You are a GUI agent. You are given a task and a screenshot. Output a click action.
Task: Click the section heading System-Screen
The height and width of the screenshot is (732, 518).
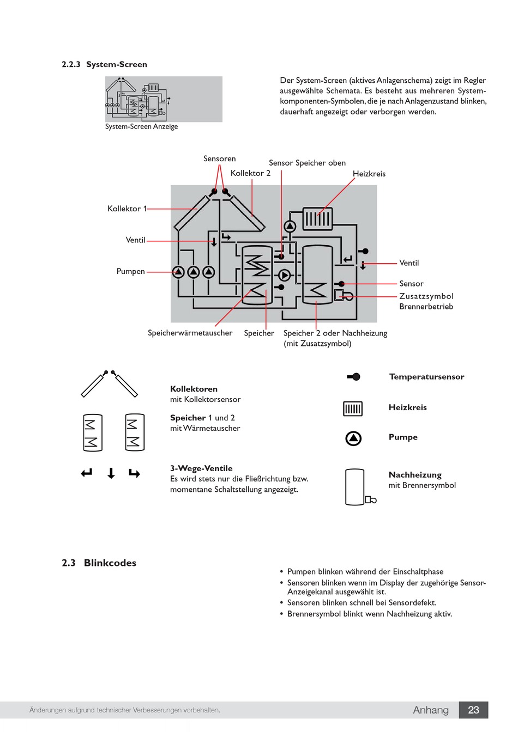[x=117, y=64]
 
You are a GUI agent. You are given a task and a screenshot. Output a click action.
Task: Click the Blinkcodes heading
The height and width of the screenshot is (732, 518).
[x=110, y=563]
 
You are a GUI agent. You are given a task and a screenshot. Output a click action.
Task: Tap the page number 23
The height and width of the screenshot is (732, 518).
[x=473, y=710]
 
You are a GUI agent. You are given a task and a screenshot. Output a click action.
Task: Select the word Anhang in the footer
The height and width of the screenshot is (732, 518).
[x=431, y=710]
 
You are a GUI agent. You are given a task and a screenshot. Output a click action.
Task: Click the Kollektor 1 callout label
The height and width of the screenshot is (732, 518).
[x=127, y=209]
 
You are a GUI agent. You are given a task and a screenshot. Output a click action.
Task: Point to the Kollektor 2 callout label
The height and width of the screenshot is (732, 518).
[x=250, y=173]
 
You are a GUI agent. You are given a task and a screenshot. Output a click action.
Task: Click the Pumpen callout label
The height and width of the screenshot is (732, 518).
[x=130, y=272]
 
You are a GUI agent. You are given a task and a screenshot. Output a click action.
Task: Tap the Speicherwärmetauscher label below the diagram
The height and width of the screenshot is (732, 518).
[x=190, y=333]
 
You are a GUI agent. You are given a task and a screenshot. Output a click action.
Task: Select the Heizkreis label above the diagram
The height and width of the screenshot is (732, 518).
[x=369, y=174]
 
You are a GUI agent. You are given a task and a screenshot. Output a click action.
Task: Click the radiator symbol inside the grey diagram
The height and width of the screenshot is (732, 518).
[x=317, y=218]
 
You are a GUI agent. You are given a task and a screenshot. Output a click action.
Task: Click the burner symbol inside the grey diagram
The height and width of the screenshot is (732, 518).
[x=343, y=295]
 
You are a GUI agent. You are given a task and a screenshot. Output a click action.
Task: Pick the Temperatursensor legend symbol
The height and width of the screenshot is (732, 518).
[x=353, y=377]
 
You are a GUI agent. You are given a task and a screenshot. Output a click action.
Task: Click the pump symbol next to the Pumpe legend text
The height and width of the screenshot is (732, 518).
[x=353, y=438]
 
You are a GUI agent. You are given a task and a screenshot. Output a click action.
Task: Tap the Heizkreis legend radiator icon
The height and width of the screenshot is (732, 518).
[x=352, y=408]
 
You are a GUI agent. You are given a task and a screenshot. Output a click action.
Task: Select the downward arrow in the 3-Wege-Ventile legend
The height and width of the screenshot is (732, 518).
[x=111, y=473]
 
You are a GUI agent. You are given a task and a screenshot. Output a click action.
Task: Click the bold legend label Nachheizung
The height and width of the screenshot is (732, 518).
[x=414, y=474]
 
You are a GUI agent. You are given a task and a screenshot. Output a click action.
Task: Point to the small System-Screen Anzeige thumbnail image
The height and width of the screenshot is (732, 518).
[x=164, y=99]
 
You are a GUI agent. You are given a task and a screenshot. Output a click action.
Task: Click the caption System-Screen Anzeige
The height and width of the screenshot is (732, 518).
[x=141, y=126]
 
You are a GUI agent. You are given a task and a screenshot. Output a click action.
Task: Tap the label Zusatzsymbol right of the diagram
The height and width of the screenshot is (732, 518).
[x=426, y=296]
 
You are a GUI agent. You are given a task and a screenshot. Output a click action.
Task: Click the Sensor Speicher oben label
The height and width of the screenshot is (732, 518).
[x=307, y=163]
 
